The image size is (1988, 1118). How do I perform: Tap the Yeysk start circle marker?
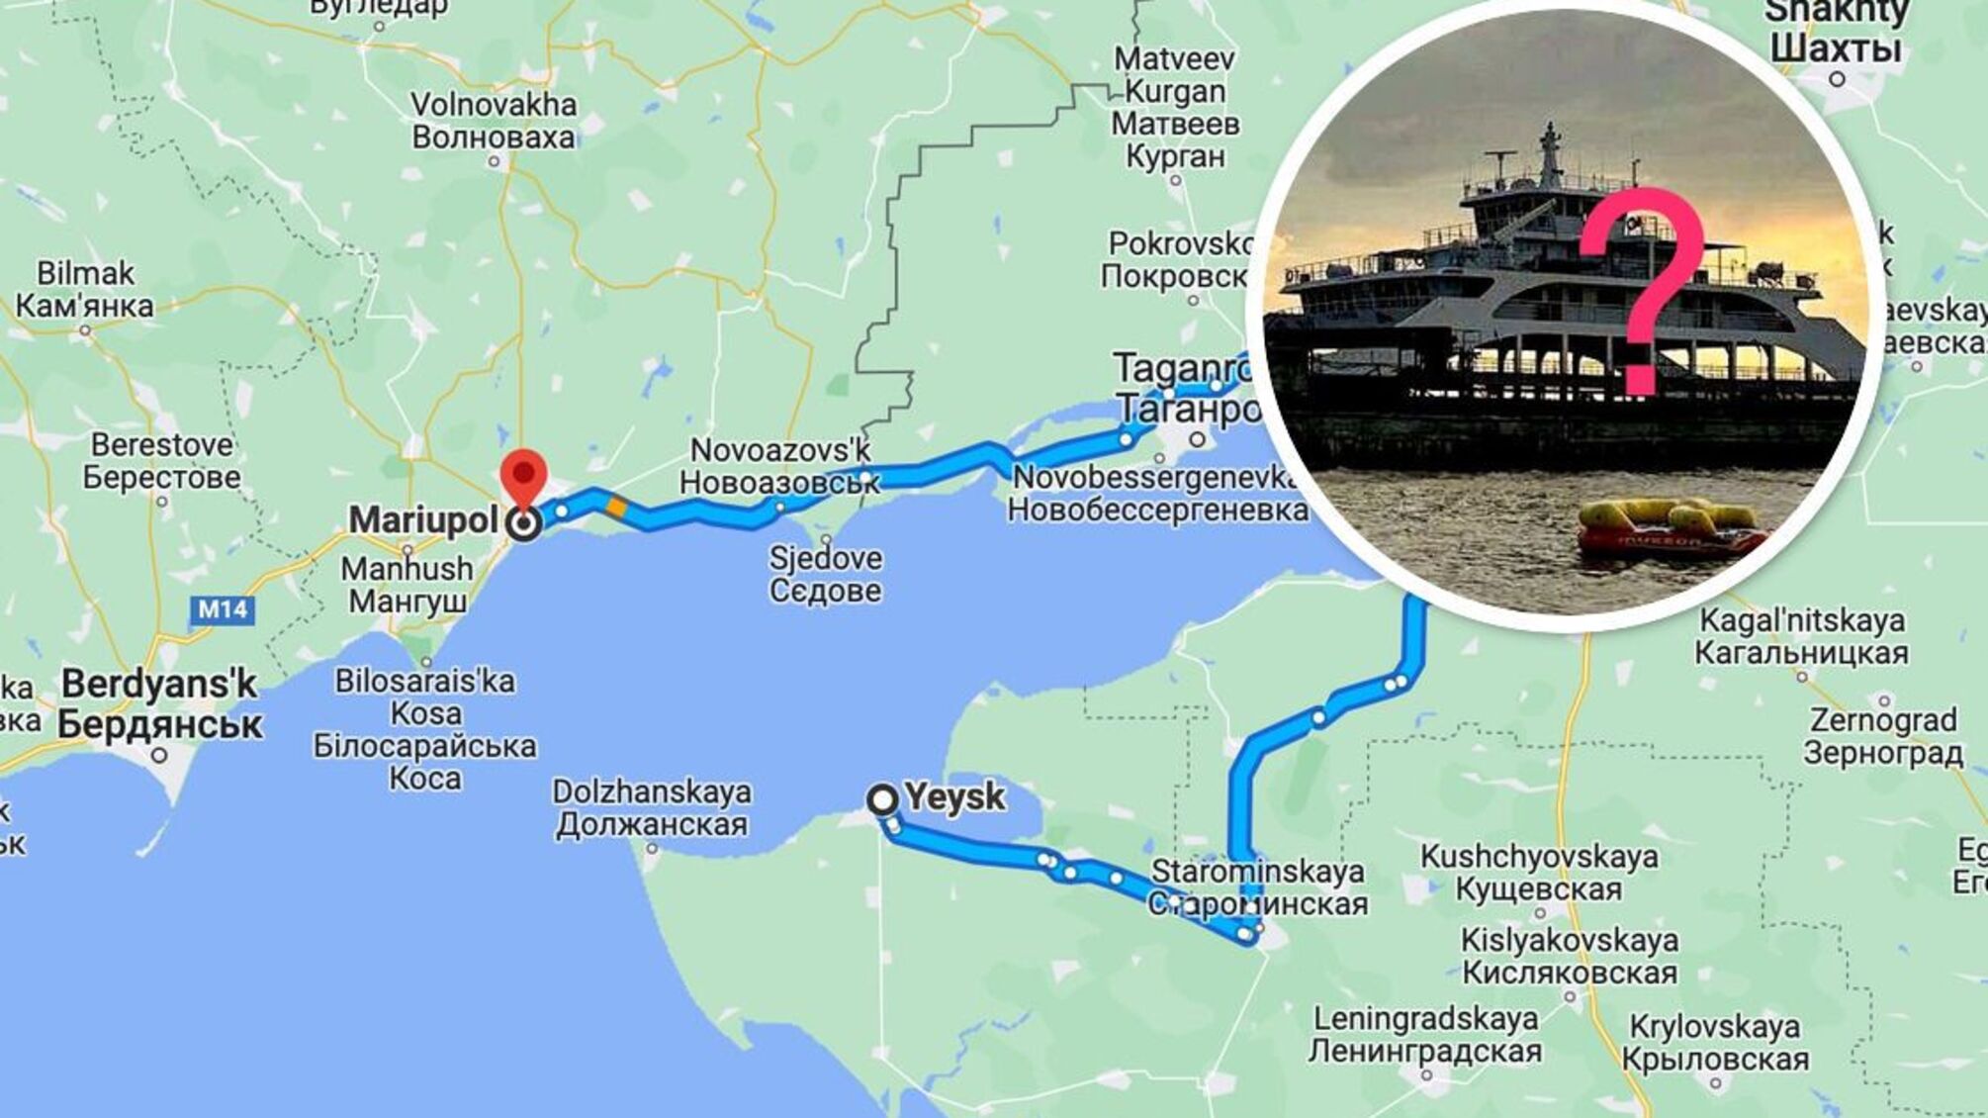[882, 799]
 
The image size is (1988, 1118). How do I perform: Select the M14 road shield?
[223, 609]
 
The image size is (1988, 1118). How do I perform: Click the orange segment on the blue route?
[616, 508]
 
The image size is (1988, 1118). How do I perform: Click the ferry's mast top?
[1550, 127]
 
